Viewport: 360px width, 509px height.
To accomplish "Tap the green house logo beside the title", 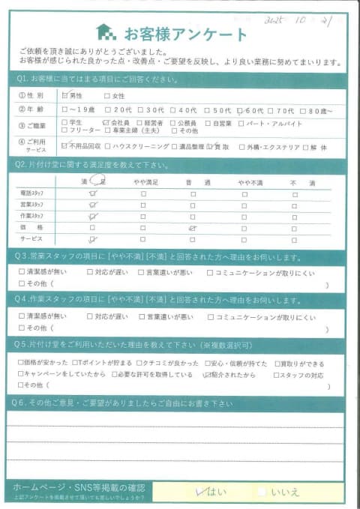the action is pos(106,32).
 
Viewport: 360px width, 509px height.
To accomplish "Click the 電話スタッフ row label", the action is pos(32,194).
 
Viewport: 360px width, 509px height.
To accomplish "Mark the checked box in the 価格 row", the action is pos(193,227).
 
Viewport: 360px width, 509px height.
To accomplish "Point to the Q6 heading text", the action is pos(120,403).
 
